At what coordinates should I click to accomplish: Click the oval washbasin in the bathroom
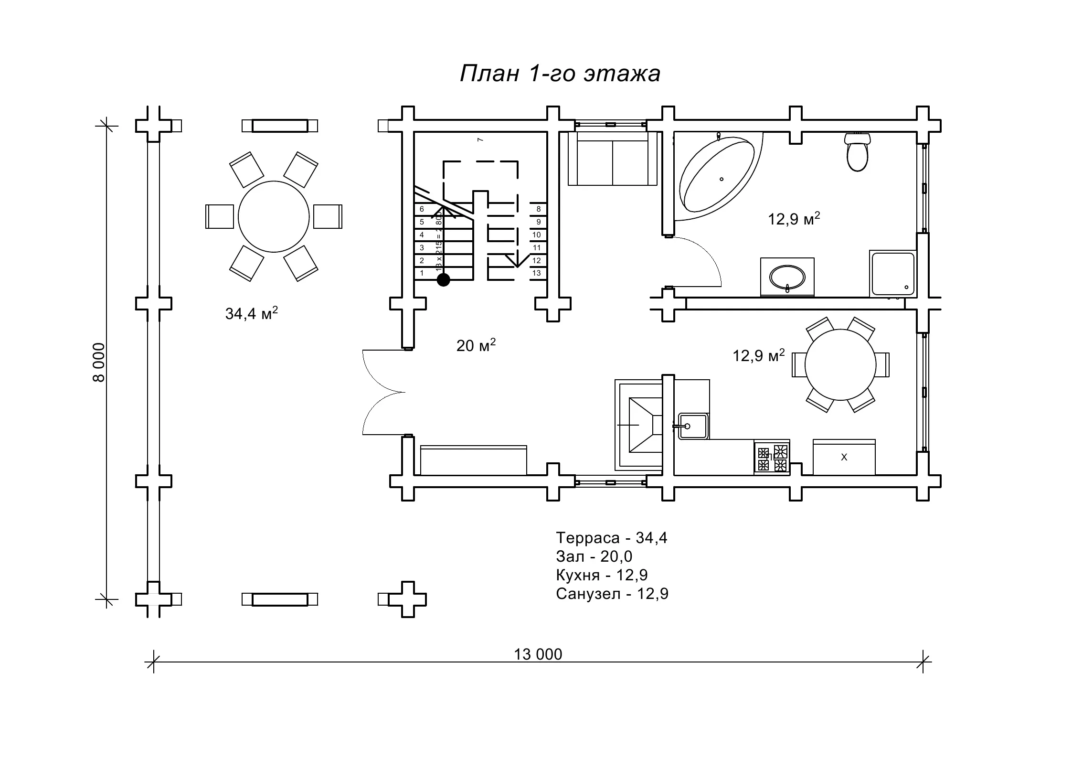(787, 277)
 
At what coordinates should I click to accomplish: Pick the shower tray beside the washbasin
(893, 274)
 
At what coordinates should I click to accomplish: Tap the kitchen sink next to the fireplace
(693, 426)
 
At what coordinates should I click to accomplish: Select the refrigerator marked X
(844, 457)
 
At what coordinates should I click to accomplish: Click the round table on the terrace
(274, 216)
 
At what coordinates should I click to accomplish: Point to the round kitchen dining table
(840, 364)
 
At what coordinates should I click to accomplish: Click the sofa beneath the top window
(613, 159)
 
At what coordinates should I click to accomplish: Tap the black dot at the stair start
(444, 280)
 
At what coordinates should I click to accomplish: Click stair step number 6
(422, 209)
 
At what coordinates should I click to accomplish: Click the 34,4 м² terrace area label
(251, 314)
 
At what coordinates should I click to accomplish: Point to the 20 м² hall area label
(476, 345)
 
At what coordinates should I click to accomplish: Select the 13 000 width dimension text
(538, 654)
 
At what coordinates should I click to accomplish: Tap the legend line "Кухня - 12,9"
(601, 575)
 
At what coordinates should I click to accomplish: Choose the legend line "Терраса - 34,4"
(611, 538)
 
